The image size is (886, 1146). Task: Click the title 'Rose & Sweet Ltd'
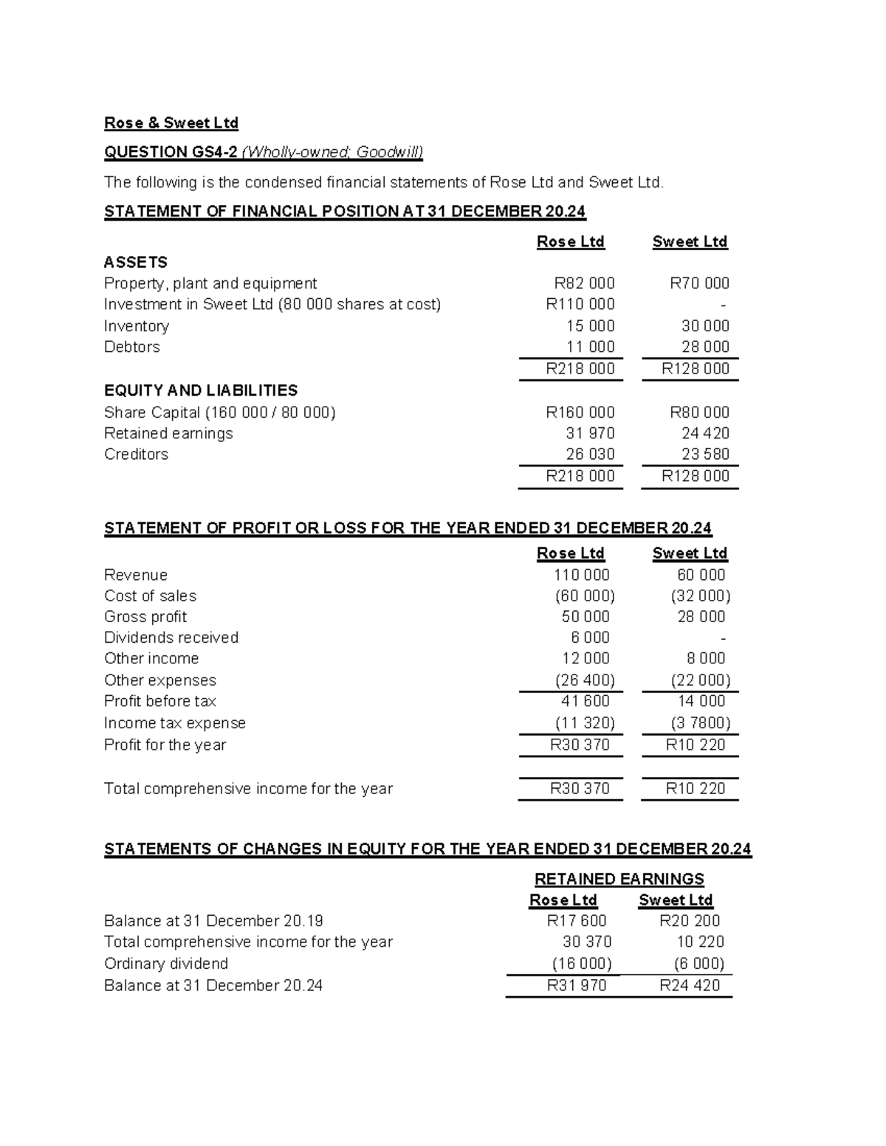pyautogui.click(x=171, y=122)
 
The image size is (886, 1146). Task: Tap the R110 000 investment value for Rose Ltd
pyautogui.click(x=580, y=304)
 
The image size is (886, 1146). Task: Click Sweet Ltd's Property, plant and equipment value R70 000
pyautogui.click(x=699, y=283)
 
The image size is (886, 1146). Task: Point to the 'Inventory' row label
pyautogui.click(x=137, y=326)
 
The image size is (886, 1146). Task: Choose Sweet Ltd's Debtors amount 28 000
pyautogui.click(x=705, y=347)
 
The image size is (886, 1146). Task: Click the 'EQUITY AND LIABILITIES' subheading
pyautogui.click(x=201, y=390)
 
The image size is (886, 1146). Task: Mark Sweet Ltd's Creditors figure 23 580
pyautogui.click(x=705, y=454)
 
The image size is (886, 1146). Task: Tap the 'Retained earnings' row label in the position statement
pyautogui.click(x=168, y=433)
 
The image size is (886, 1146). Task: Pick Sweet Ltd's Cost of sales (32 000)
pyautogui.click(x=700, y=596)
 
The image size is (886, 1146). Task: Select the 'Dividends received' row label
pyautogui.click(x=171, y=638)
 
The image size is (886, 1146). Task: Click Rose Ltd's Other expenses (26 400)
pyautogui.click(x=584, y=680)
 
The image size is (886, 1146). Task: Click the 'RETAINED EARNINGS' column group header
pyautogui.click(x=619, y=879)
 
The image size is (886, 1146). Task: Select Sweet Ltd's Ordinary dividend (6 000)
pyautogui.click(x=698, y=963)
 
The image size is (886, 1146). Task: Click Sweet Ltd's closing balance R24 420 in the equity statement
pyautogui.click(x=689, y=985)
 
